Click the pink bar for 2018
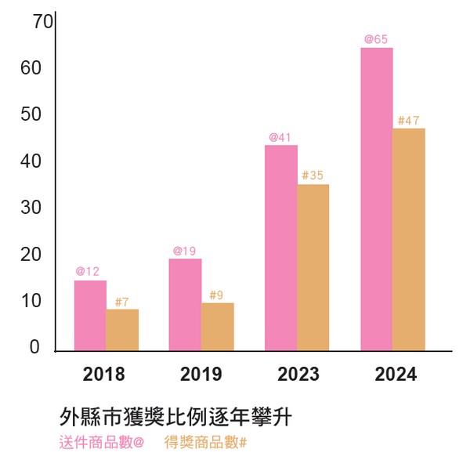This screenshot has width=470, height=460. pyautogui.click(x=90, y=315)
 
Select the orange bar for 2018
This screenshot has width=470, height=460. pyautogui.click(x=122, y=330)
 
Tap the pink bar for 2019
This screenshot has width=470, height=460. pyautogui.click(x=186, y=304)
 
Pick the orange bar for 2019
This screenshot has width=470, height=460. pyautogui.click(x=218, y=327)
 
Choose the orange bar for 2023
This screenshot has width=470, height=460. pyautogui.click(x=313, y=267)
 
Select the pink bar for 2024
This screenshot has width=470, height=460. pyautogui.click(x=377, y=199)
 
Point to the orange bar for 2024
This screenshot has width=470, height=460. pyautogui.click(x=409, y=239)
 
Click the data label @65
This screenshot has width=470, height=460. pyautogui.click(x=376, y=39)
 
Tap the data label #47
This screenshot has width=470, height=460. pyautogui.click(x=409, y=120)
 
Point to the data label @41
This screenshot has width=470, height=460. pyautogui.click(x=280, y=137)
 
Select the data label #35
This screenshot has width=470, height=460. pyautogui.click(x=313, y=176)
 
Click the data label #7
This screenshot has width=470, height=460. pyautogui.click(x=121, y=302)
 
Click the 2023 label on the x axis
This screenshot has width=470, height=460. pyautogui.click(x=298, y=375)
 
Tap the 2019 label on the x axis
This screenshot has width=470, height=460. pyautogui.click(x=201, y=375)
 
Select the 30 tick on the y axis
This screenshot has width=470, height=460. pyautogui.click(x=30, y=208)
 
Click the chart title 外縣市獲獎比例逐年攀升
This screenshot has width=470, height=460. pyautogui.click(x=175, y=416)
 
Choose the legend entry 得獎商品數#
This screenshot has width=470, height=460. pyautogui.click(x=206, y=442)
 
